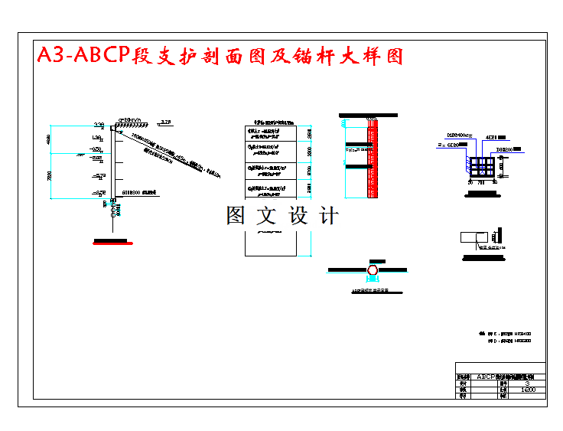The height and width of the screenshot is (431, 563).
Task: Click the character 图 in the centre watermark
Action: (236, 216)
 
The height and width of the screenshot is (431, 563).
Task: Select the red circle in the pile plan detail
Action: (373, 270)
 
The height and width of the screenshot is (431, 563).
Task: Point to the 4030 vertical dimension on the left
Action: (47, 142)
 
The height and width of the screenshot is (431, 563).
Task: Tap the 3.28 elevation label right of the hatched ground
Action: (166, 120)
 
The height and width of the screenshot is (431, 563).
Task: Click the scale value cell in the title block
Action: (527, 390)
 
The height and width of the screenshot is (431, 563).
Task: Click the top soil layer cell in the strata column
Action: (271, 133)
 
